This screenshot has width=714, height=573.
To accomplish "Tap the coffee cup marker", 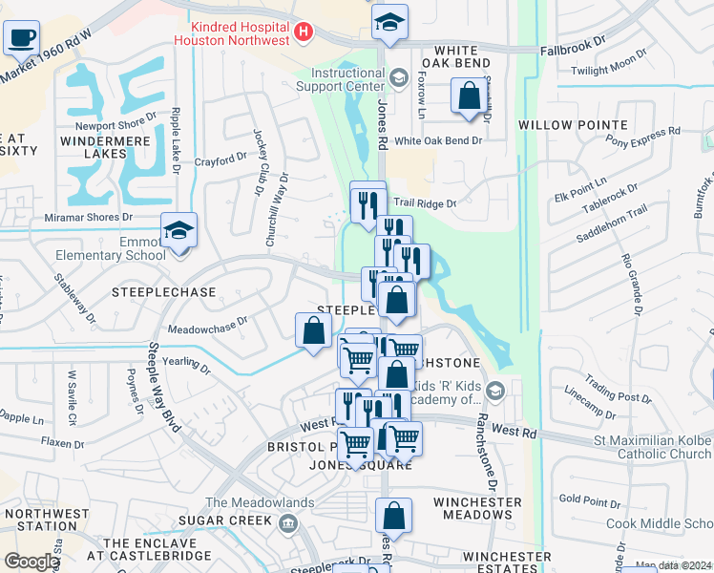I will tap(20, 39).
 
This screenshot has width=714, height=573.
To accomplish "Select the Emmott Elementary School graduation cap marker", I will tap(178, 232).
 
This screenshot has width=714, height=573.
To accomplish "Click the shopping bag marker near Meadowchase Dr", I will tap(313, 332).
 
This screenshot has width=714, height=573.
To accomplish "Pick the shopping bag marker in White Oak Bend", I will tap(469, 96).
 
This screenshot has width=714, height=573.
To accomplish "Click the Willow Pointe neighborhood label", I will tap(573, 125).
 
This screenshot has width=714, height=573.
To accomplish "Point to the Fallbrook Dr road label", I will tap(572, 45).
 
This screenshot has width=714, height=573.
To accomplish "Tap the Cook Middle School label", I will tap(659, 523).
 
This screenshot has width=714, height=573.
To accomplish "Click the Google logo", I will tap(32, 562).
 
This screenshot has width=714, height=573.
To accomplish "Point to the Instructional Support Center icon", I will tap(398, 77).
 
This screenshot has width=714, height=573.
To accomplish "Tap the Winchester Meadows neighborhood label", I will tap(477, 509).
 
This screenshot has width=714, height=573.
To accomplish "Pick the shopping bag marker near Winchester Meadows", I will tap(393, 517).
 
